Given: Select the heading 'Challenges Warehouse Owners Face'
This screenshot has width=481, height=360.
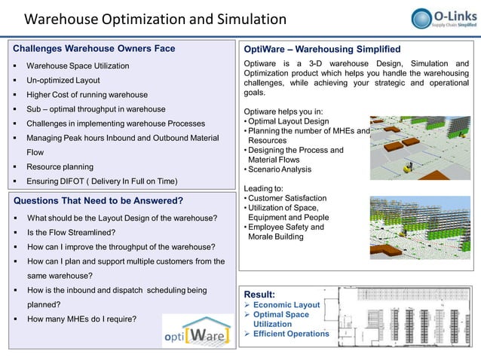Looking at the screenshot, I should coord(94,49).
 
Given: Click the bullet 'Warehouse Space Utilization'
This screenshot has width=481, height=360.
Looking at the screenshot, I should coord(78,66).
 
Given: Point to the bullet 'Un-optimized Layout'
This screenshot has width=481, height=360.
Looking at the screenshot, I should coord(63,81).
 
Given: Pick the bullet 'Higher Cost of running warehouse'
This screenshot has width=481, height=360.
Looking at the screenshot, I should coord(87,95).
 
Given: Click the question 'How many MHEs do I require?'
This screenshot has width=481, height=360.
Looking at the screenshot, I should coord(81,319).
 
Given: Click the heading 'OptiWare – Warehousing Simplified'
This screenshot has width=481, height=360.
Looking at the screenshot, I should coord(322,49).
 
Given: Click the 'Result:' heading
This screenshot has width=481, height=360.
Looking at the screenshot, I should coord(259,294).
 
